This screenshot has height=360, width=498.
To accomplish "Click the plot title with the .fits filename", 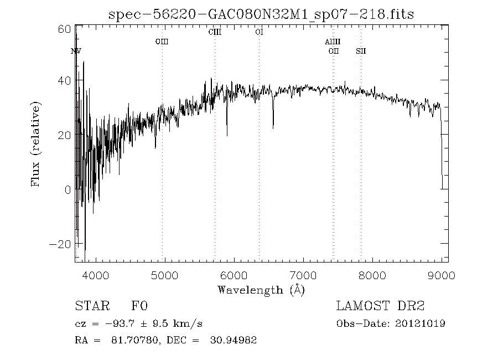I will pyautogui.click(x=262, y=13).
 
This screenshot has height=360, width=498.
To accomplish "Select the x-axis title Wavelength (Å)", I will pyautogui.click(x=261, y=290).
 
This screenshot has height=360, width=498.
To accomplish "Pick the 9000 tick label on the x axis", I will pyautogui.click(x=442, y=275).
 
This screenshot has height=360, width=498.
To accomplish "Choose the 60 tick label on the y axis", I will pyautogui.click(x=64, y=29).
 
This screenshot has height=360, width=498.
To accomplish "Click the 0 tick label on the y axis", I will pyautogui.click(x=68, y=190).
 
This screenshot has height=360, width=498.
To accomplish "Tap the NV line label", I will pyautogui.click(x=76, y=52).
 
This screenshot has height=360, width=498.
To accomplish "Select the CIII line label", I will pyautogui.click(x=215, y=32).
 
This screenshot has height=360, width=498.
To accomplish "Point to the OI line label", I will pyautogui.click(x=259, y=32).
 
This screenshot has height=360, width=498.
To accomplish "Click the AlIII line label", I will pyautogui.click(x=333, y=42).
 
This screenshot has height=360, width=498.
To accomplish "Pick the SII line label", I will pyautogui.click(x=361, y=52).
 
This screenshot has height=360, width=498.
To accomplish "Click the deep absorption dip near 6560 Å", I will pyautogui.click(x=273, y=126).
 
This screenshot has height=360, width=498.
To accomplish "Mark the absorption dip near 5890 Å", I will pyautogui.click(x=227, y=133).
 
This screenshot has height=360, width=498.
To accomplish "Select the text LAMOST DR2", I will pyautogui.click(x=380, y=306).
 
